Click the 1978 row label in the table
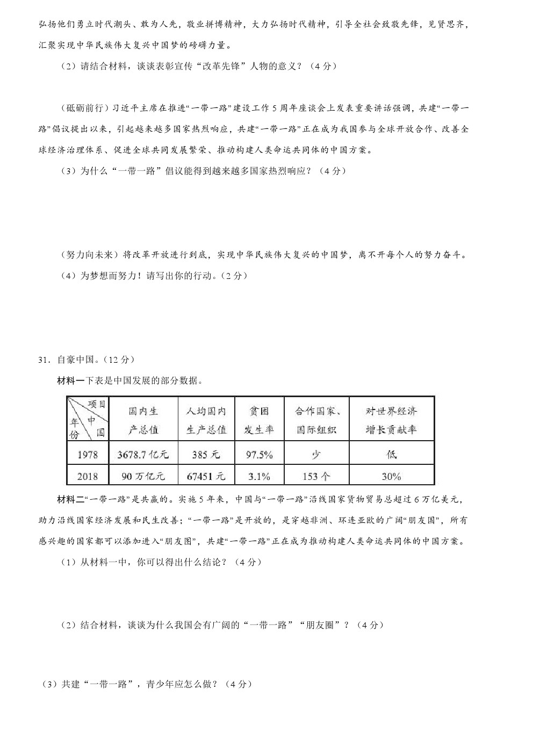pyautogui.click(x=88, y=455)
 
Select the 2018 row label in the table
pyautogui.click(x=88, y=476)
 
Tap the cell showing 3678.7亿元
pyautogui.click(x=143, y=455)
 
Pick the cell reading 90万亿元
pyautogui.click(x=143, y=476)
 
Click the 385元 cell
pyautogui.click(x=206, y=455)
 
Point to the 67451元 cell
pyautogui.click(x=206, y=476)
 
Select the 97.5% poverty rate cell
pyautogui.click(x=260, y=455)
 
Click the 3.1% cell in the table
pyautogui.click(x=260, y=476)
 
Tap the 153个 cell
pyautogui.click(x=316, y=476)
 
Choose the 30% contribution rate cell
pyautogui.click(x=391, y=476)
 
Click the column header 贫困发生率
pyautogui.click(x=260, y=420)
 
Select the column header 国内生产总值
pyautogui.click(x=143, y=420)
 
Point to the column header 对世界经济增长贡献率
pyautogui.click(x=391, y=420)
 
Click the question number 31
pyautogui.click(x=44, y=360)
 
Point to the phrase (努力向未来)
pyautogui.click(x=89, y=255)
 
